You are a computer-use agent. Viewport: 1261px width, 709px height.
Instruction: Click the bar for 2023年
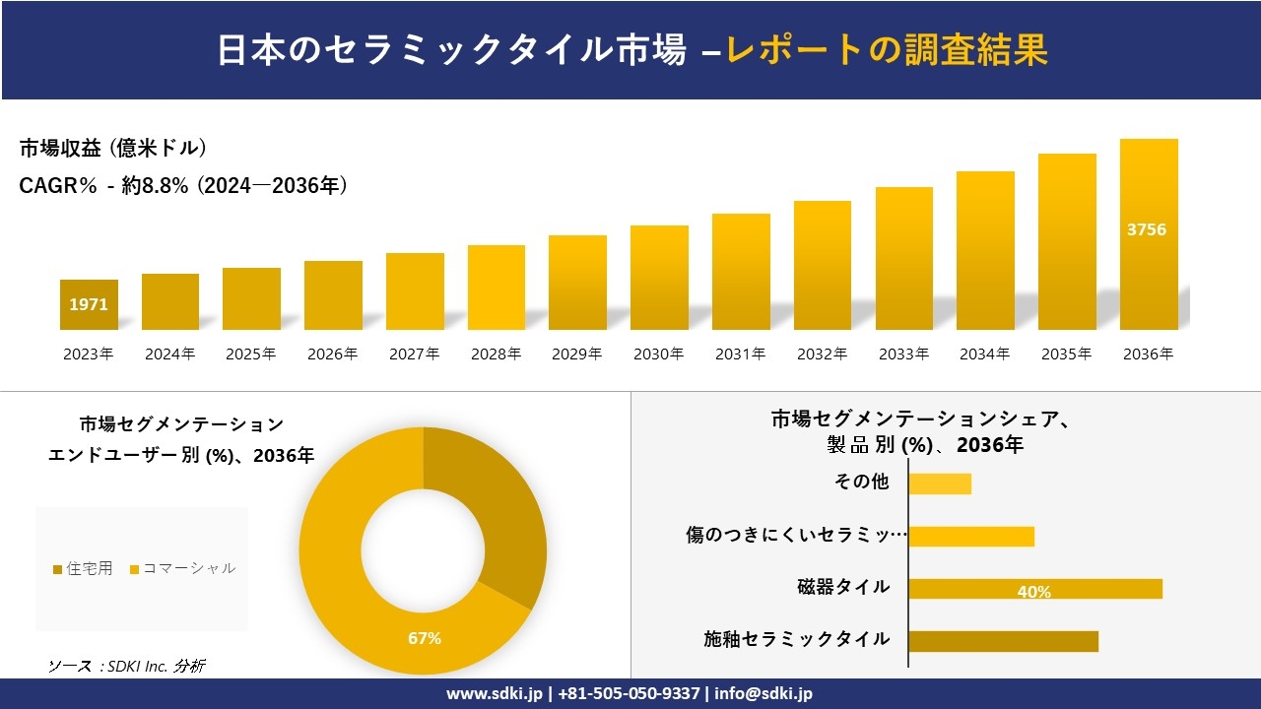[89, 305]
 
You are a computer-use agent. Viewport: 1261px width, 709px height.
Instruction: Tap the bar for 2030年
[659, 278]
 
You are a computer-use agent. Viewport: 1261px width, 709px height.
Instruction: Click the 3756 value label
[1147, 229]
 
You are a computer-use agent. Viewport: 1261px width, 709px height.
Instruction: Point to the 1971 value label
[89, 305]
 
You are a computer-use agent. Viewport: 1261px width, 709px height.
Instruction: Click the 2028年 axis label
[496, 354]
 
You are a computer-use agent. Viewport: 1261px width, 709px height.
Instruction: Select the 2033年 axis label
[903, 354]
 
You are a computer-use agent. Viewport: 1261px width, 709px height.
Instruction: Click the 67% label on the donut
[425, 638]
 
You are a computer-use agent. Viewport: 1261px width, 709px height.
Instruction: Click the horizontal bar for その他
[940, 483]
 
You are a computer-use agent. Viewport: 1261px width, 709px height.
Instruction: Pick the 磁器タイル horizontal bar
[1034, 589]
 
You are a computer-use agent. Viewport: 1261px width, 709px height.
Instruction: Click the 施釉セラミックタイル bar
[1003, 641]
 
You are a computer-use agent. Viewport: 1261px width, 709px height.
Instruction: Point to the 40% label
[1034, 592]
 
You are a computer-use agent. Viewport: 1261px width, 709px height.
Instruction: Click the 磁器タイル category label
[843, 587]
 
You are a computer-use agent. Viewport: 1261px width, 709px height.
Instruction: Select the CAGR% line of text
[183, 186]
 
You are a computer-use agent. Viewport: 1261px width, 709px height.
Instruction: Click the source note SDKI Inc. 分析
[127, 666]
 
